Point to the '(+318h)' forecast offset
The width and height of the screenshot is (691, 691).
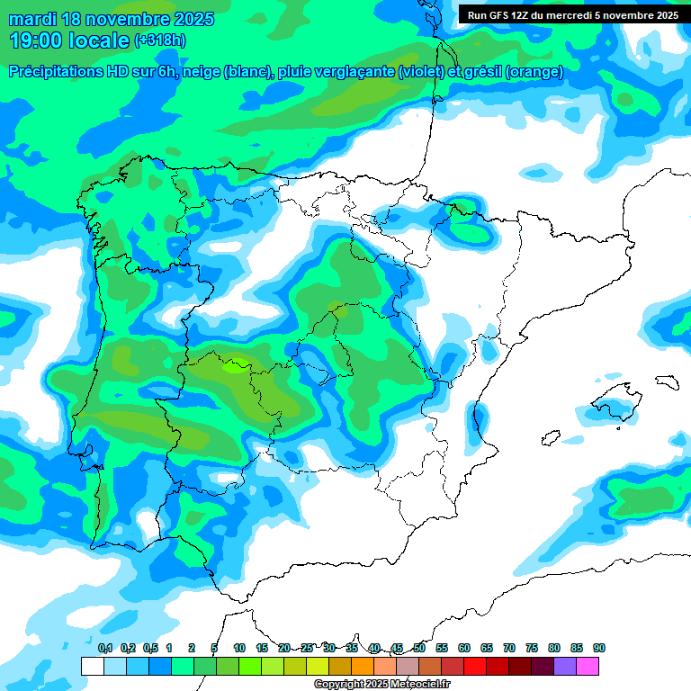(x=160, y=40)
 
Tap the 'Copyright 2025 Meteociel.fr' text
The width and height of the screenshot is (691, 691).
(x=381, y=685)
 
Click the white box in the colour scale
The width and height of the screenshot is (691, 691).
(x=92, y=667)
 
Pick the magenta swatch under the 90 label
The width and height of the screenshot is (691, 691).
(x=588, y=667)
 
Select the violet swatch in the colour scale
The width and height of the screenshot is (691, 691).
(x=565, y=667)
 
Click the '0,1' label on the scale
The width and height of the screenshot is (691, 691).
(x=104, y=648)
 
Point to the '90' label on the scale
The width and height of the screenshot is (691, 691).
(x=599, y=648)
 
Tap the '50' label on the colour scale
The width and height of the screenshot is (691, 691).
(x=419, y=648)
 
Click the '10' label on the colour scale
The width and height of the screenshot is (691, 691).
(x=239, y=648)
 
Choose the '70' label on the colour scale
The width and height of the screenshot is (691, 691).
(x=509, y=648)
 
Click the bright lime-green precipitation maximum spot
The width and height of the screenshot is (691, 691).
(x=236, y=366)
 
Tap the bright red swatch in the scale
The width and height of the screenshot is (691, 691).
(x=475, y=667)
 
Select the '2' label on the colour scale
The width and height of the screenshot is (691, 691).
(x=192, y=648)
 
